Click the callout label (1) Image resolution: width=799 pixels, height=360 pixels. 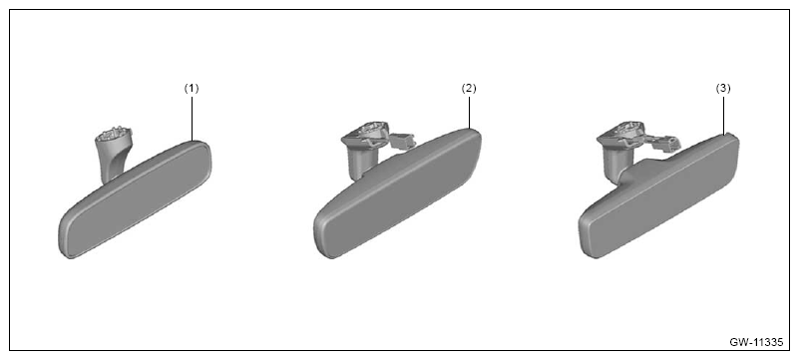pos(192,88)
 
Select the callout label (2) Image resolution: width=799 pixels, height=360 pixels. pos(468,88)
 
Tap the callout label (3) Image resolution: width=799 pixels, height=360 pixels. pos(723,88)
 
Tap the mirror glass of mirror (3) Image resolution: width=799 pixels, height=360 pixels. pos(660,198)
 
